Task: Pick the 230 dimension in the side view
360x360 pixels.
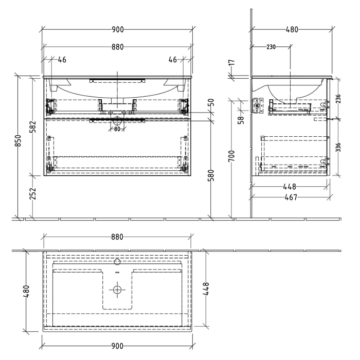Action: coord(271,47)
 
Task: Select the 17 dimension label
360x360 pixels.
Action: coord(232,64)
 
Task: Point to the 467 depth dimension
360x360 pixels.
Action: coord(292,196)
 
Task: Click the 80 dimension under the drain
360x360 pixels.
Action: coord(117,129)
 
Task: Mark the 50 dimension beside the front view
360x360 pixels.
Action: coord(211,103)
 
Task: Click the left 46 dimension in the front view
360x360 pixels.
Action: coord(62,60)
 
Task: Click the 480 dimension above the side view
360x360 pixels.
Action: coord(292,30)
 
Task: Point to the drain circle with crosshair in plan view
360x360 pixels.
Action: coord(117,290)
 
